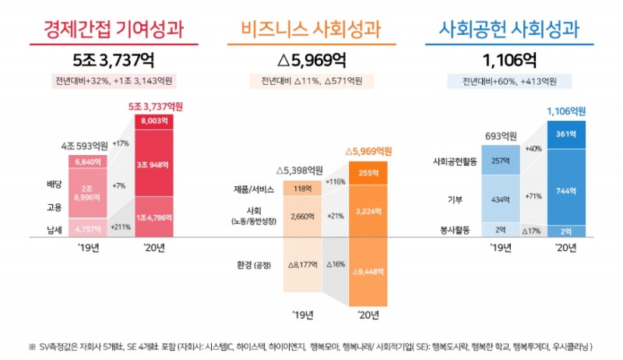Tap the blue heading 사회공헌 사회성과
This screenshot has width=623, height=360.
pyautogui.click(x=509, y=30)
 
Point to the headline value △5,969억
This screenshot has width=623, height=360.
pyautogui.click(x=311, y=59)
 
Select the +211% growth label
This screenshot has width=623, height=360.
pyautogui.click(x=121, y=227)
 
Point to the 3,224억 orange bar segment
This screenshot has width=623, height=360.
pyautogui.click(x=368, y=210)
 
